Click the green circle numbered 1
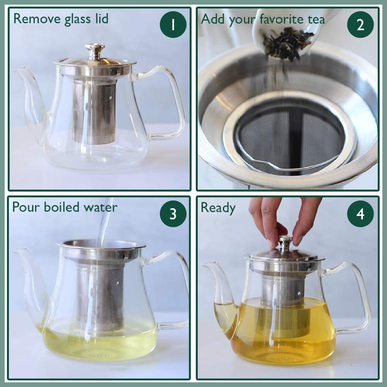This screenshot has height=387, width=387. point(173,24)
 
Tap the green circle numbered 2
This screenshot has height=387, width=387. point(360,24)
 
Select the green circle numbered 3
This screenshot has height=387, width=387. point(173,214)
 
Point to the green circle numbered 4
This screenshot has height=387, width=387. point(360,214)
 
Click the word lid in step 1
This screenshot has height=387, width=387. point(102,19)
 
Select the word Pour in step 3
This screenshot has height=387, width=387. point(26,207)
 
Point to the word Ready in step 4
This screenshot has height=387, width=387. point(218,208)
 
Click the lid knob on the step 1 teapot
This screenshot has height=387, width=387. point(95,51)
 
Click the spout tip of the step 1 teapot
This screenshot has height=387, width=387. point(15,70)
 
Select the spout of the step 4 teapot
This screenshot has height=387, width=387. point(220,296)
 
